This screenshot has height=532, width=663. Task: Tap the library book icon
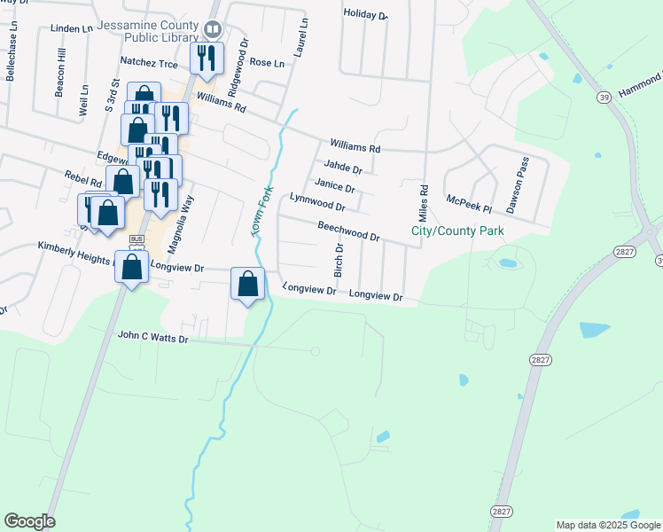pyautogui.click(x=213, y=29)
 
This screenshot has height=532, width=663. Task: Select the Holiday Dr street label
pyautogui.click(x=366, y=15)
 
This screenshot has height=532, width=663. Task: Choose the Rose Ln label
pyautogui.click(x=267, y=63)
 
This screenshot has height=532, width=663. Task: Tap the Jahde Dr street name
pyautogui.click(x=343, y=168)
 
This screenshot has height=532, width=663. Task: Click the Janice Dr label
pyautogui.click(x=334, y=186)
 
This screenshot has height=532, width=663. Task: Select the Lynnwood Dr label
pyautogui.click(x=316, y=201)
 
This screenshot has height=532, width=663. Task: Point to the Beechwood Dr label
pyautogui.click(x=348, y=231)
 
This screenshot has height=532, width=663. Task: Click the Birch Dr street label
pyautogui.click(x=337, y=262)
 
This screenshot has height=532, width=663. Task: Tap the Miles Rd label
pyautogui.click(x=424, y=203)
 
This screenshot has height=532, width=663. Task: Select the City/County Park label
pyautogui.click(x=457, y=231)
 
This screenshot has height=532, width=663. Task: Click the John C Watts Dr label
pyautogui.click(x=153, y=338)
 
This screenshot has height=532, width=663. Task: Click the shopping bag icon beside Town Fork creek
pyautogui.click(x=249, y=285)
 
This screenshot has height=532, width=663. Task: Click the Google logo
pyautogui.click(x=29, y=521)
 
